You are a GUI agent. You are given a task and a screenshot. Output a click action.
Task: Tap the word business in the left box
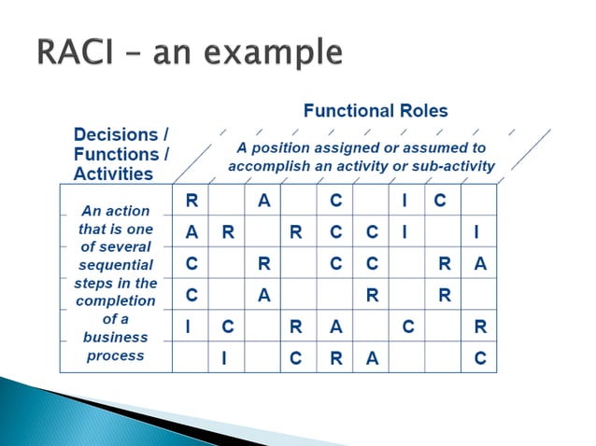tap(117, 337)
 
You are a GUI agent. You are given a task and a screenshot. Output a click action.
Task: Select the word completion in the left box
tap(117, 300)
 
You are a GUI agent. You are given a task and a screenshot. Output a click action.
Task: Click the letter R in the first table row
tap(192, 200)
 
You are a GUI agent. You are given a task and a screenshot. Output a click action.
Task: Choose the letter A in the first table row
tap(263, 200)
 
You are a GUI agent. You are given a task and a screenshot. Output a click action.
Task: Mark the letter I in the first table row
tap(404, 200)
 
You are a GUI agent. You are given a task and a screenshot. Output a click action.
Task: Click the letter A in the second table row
tap(192, 232)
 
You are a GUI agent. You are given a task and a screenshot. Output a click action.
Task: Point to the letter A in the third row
tap(480, 264)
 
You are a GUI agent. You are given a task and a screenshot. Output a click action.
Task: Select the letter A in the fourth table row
tap(263, 296)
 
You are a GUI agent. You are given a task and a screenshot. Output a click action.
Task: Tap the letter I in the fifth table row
tap(192, 328)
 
